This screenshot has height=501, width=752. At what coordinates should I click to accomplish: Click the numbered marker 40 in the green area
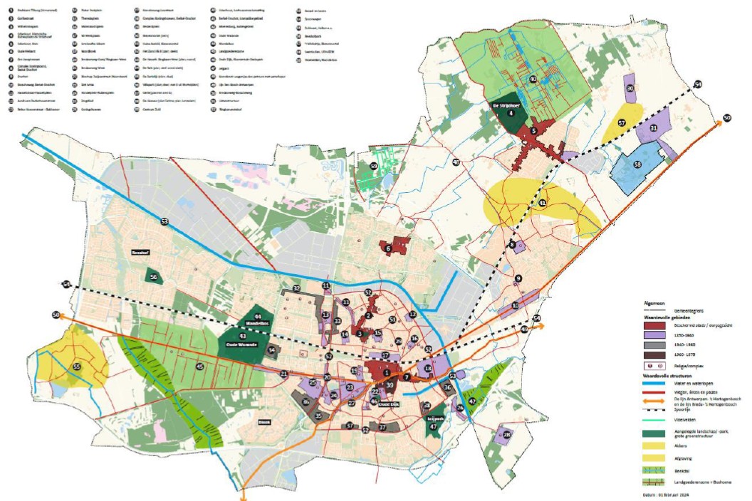click(x=533, y=78)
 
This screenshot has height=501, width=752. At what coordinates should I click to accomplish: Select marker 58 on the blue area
click(x=637, y=164)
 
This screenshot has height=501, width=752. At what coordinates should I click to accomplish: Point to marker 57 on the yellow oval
click(x=621, y=123)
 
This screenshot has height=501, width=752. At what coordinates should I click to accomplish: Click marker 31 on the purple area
click(x=653, y=128)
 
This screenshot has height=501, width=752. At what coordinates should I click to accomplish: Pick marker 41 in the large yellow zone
click(x=543, y=204)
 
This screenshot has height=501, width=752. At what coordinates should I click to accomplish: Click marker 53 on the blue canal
click(x=164, y=222)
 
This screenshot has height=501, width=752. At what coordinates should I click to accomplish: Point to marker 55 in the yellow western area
click(x=76, y=367)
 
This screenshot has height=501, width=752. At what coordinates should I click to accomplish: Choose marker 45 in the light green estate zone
click(x=200, y=366)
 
